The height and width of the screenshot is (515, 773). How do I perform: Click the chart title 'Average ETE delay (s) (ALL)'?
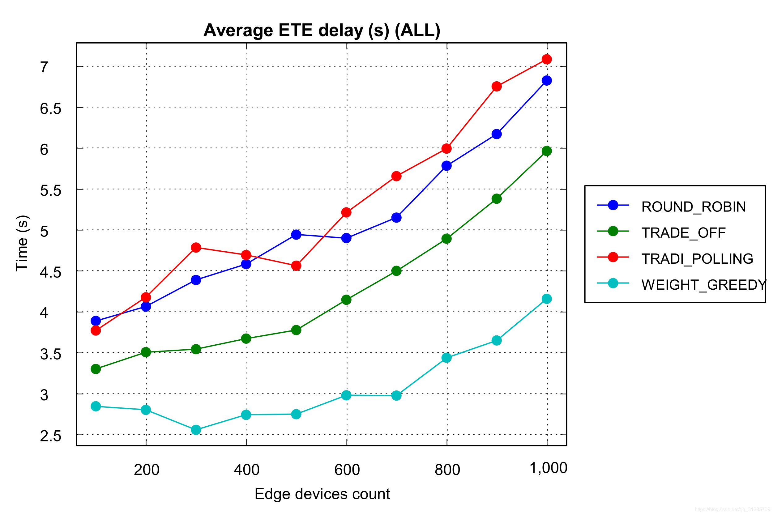(322, 30)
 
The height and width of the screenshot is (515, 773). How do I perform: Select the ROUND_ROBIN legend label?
(694, 206)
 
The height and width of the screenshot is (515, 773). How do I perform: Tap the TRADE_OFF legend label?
(683, 232)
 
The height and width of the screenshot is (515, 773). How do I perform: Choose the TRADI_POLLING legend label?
(697, 258)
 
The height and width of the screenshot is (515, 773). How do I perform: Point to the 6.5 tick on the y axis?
(51, 109)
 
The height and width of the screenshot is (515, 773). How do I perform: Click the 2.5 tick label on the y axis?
(51, 436)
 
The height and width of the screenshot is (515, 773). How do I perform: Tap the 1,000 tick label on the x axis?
(548, 468)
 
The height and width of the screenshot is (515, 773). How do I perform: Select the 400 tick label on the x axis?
(246, 470)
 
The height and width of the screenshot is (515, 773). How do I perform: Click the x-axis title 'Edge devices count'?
(322, 494)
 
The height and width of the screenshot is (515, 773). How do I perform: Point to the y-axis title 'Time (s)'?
(22, 243)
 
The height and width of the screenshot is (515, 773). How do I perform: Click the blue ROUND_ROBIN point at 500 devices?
(296, 235)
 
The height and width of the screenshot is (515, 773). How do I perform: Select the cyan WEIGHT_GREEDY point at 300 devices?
(196, 430)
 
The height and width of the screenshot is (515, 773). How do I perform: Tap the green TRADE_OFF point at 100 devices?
(96, 369)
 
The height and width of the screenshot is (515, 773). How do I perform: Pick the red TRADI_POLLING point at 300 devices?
(196, 247)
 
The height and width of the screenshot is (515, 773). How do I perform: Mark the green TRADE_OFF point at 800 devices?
(446, 238)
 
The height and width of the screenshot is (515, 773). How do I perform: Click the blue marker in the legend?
(613, 205)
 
